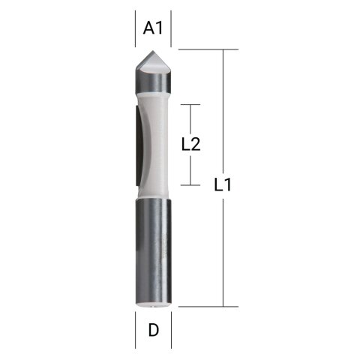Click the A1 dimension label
coord(153,28)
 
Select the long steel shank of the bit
coord(153,247)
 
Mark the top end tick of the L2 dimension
coord(192,105)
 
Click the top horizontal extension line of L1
coord(202,49)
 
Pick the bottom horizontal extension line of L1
coord(202,306)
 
